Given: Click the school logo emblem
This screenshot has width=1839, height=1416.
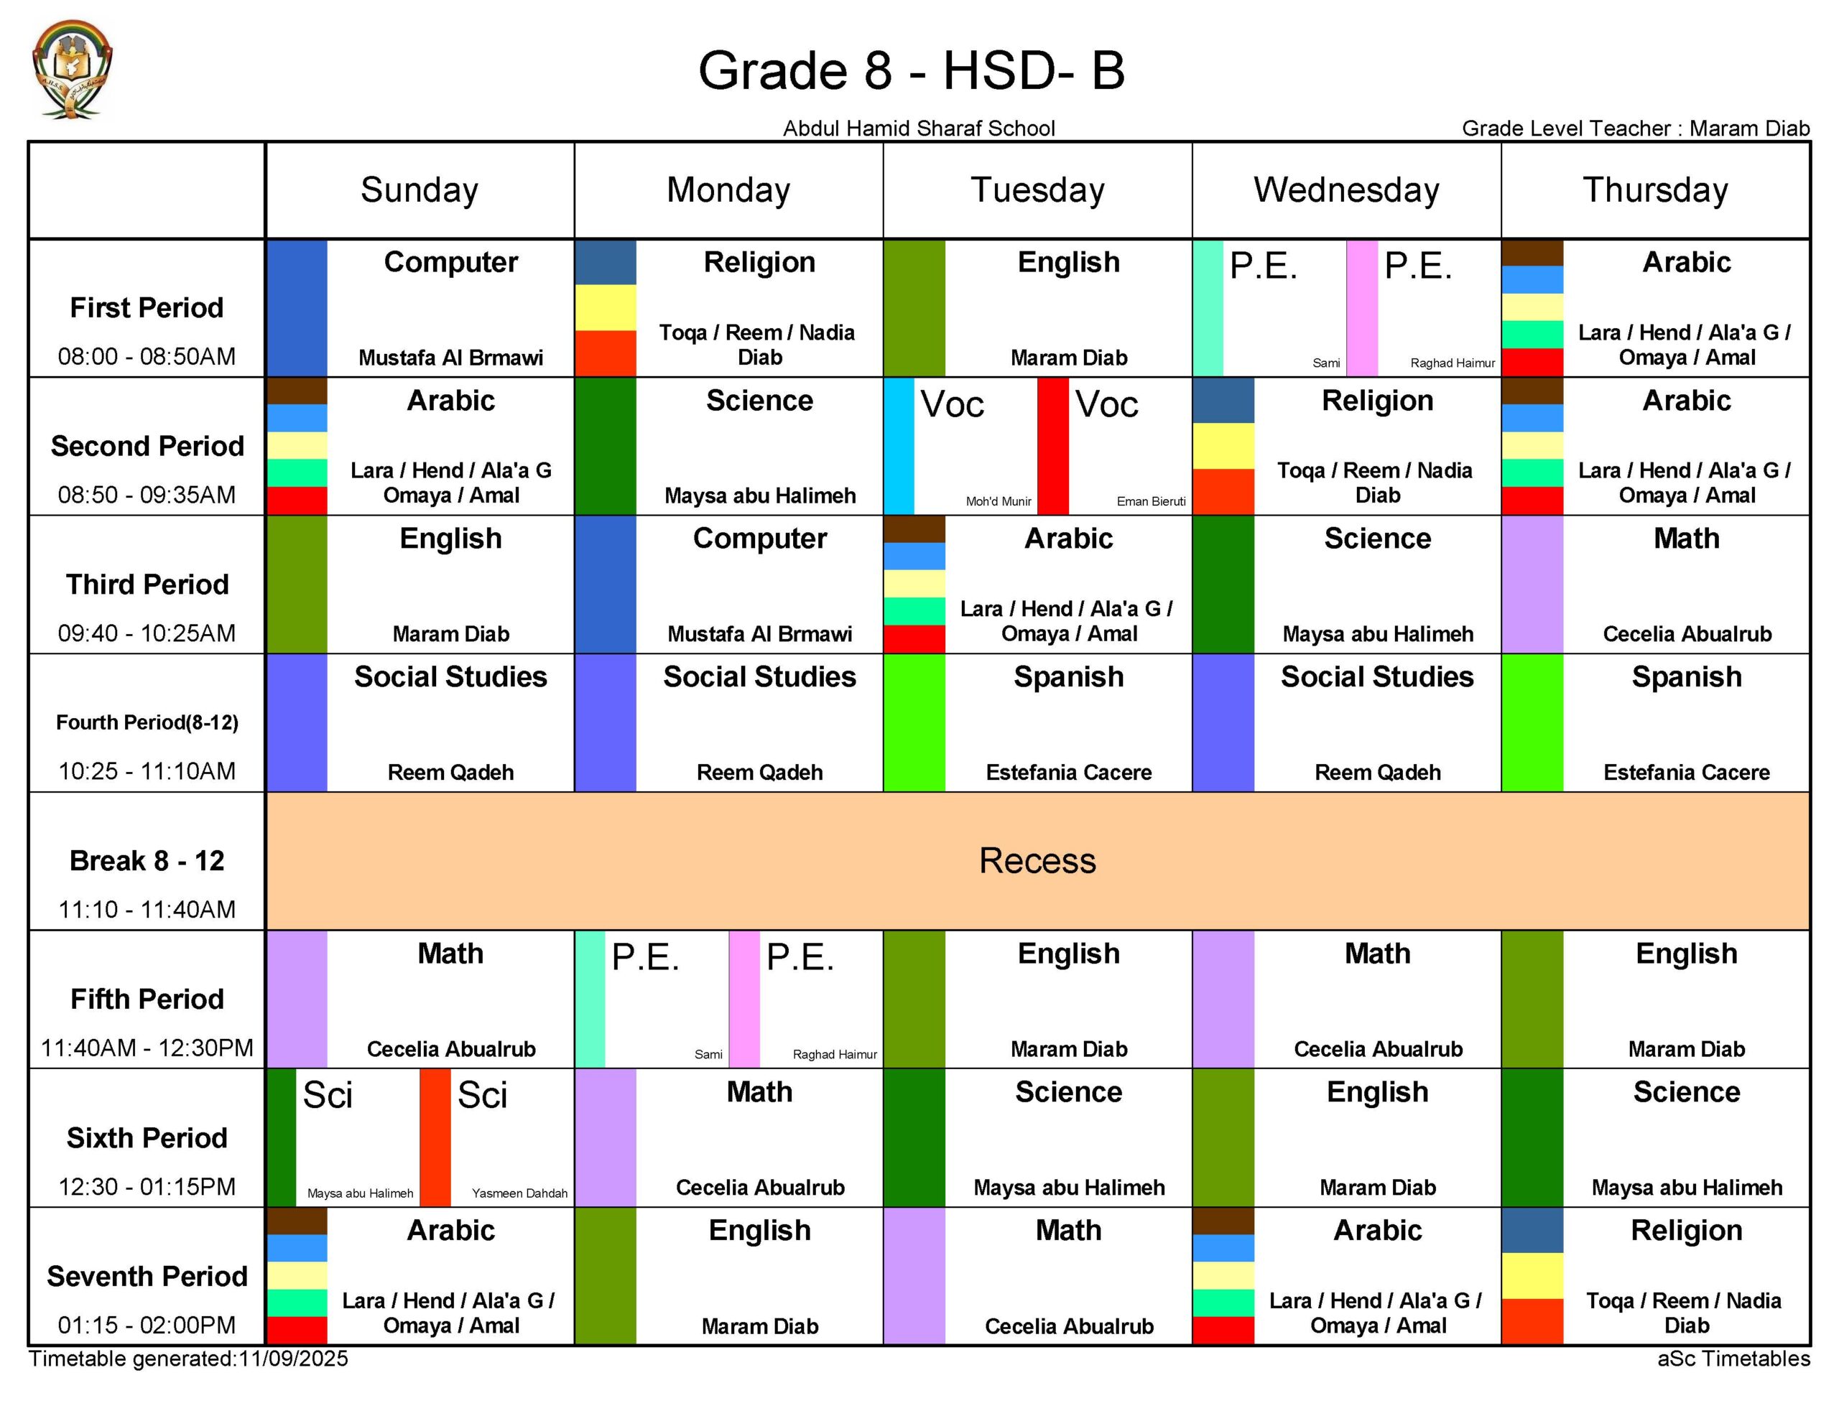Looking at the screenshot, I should pos(72,69).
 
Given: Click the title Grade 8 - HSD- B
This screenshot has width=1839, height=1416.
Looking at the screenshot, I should pos(911,70).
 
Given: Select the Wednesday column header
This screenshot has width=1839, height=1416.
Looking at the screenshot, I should pos(1345,190).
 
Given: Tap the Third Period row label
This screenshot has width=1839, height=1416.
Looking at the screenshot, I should pos(147,584).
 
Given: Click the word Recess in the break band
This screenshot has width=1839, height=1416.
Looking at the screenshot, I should pos(1037,860).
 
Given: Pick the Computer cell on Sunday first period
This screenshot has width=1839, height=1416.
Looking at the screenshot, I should pos(450,308).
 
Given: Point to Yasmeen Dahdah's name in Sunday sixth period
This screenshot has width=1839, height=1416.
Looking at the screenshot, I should pos(519,1193).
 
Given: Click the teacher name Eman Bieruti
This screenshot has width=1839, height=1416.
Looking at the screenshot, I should pos(1150,502).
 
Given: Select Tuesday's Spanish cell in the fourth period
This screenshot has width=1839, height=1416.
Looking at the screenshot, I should pos(1067,722).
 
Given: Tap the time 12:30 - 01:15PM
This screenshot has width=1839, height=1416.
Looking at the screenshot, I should pos(147,1186).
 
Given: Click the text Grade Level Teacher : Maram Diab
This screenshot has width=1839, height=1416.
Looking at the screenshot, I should pos(1635,129).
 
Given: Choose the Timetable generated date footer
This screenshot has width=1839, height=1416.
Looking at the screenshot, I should pos(189,1359).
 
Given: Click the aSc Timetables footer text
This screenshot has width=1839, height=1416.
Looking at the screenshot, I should pos(1733,1359).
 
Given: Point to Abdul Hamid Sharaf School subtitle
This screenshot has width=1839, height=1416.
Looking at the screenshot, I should pos(919,129).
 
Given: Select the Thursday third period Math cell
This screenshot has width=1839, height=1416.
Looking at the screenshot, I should pos(1686,584).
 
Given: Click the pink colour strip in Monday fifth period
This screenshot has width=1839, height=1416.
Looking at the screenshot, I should pos(744,1000).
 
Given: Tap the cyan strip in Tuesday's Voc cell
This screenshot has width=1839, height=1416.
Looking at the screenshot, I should pos(899,446).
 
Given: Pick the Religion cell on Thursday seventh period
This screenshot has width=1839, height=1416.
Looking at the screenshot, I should pos(1686,1276).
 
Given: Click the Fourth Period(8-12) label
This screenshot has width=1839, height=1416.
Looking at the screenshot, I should pos(147,722).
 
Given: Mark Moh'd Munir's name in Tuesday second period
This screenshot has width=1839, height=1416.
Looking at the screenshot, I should pos(998,502).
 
